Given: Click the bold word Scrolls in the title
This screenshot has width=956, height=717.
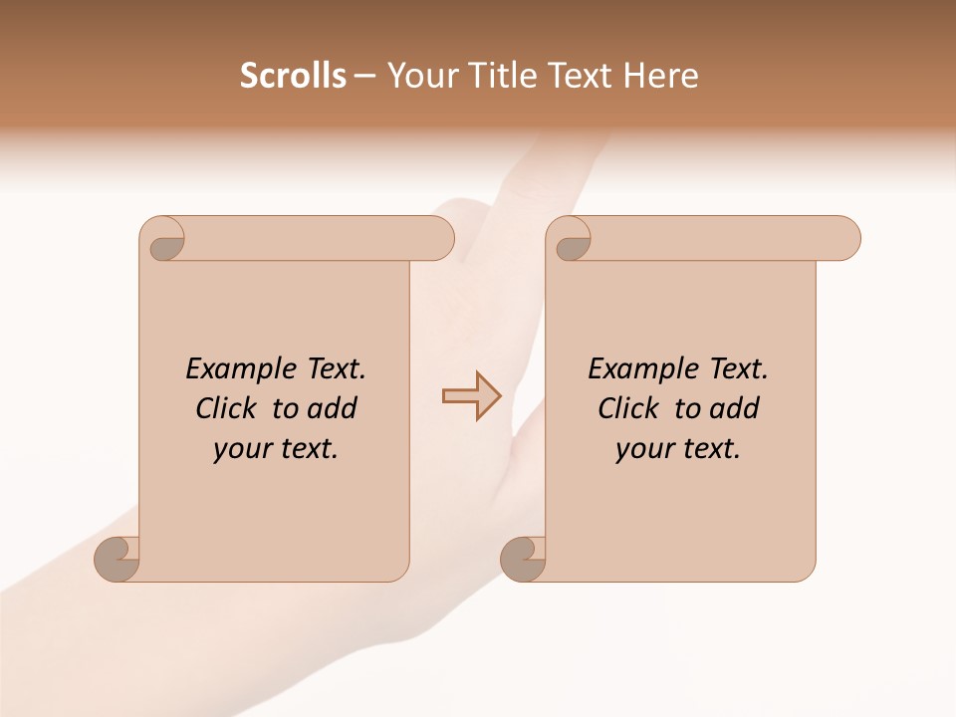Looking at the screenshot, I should point(293,75).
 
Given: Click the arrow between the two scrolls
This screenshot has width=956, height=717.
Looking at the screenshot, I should point(471,396).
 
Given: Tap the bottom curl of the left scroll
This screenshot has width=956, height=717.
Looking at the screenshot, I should point(117,559).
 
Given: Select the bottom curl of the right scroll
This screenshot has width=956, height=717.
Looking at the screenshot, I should point(523,559).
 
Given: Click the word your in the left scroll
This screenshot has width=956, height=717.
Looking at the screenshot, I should point(242,450).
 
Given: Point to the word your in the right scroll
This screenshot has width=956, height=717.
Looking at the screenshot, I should point(644,450).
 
